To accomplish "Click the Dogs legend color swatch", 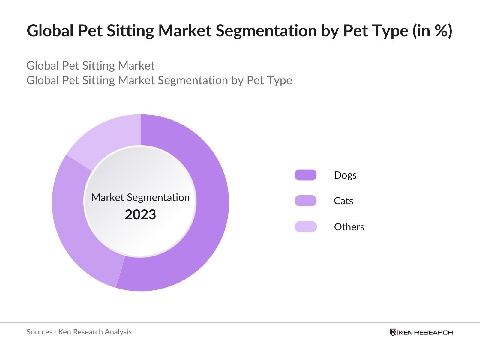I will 305,175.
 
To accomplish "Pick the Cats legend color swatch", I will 305,201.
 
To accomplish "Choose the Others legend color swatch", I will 305,227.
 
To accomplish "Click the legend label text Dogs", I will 345,175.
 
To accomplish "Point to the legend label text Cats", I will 343,201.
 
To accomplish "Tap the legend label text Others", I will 349,227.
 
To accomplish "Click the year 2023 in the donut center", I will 140,215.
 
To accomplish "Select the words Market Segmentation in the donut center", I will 140,197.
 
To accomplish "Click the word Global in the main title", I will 50,31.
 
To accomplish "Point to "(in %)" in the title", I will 432,31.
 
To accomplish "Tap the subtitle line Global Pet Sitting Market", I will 91,66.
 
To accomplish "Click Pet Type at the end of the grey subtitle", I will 269,80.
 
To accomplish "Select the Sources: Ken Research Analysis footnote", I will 79,332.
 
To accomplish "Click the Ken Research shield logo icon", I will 393,332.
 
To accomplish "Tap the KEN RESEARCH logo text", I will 426,332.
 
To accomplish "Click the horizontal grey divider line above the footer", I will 240,323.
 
